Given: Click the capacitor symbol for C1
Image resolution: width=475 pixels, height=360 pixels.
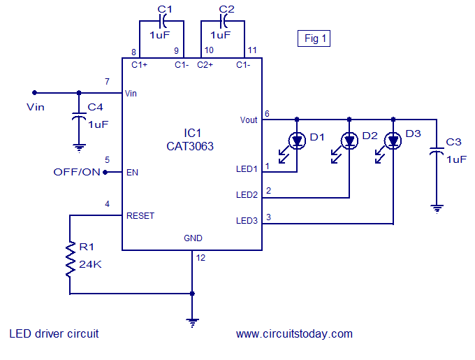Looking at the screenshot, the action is [x=162, y=21].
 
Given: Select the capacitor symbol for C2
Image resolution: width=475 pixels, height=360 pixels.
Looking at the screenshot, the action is [x=224, y=21].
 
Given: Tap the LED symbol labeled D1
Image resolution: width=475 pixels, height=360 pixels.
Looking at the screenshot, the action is [x=297, y=141].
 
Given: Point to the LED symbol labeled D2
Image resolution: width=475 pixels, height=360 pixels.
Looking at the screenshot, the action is [x=349, y=141].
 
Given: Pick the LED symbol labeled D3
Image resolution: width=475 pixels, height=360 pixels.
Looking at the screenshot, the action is [x=393, y=141].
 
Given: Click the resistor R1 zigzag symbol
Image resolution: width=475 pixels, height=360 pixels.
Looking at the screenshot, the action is [x=70, y=259].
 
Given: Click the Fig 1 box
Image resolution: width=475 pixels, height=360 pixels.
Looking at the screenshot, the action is [x=314, y=38].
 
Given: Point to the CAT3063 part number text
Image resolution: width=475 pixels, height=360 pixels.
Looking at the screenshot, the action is [x=190, y=147].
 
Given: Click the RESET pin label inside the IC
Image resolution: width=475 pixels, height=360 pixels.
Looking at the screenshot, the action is [x=140, y=216].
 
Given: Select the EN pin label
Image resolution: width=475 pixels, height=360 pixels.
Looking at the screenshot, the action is [x=132, y=173].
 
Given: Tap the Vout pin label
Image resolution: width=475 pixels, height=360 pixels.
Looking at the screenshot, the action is [x=249, y=120].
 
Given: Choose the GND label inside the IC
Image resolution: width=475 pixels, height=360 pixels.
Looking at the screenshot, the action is [x=193, y=238].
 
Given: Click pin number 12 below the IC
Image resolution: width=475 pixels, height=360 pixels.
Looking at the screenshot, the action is [x=200, y=257].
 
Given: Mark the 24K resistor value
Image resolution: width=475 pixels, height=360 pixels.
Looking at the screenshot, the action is [x=90, y=264].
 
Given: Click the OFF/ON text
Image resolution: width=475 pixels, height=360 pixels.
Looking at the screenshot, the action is [x=77, y=172].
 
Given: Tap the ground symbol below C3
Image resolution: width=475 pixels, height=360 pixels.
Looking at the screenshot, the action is [x=437, y=209].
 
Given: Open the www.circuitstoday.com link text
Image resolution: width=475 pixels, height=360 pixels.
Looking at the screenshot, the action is [x=294, y=333].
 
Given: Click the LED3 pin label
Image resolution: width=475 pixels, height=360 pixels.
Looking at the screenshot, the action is [x=247, y=221].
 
